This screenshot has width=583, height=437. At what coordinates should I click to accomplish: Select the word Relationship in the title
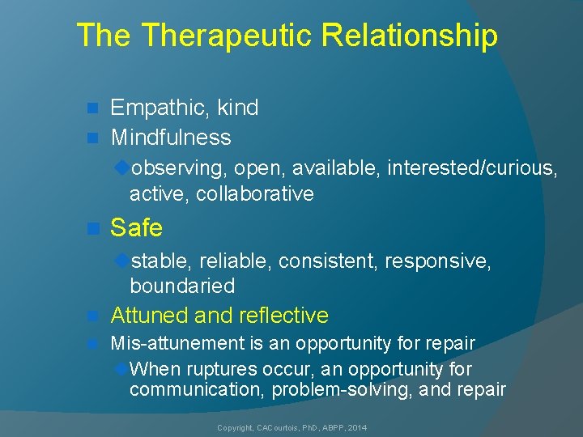[410, 36]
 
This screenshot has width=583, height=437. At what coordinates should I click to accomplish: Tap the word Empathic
[156, 108]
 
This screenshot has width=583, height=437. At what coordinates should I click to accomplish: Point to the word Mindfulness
[171, 138]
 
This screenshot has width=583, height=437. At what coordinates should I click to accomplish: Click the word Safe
[136, 228]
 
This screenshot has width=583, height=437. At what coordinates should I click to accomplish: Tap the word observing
[180, 168]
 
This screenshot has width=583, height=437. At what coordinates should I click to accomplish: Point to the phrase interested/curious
[471, 168]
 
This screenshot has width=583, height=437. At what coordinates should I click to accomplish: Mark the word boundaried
[182, 286]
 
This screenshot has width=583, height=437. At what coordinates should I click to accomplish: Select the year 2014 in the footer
[356, 426]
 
